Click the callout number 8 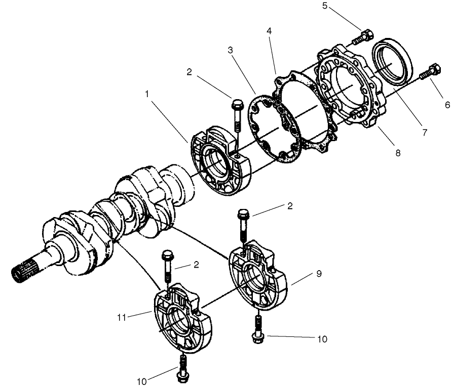click(398, 152)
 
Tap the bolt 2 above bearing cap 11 click(167, 266)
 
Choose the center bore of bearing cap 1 click(213, 164)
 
